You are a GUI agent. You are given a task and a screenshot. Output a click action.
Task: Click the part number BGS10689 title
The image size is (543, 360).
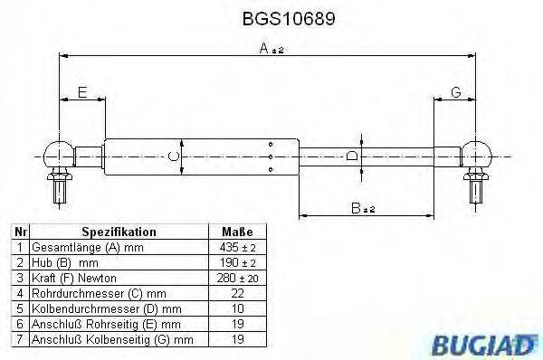click(x=271, y=17)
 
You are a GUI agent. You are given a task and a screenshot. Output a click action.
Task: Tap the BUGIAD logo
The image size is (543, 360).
click(x=495, y=341)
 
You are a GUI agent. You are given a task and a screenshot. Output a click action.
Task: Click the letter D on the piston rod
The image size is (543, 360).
click(x=354, y=156)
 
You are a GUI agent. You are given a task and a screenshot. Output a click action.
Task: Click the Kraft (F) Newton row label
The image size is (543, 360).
click(x=74, y=277)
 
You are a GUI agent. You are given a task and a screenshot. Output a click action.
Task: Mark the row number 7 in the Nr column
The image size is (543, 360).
click(x=18, y=339)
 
